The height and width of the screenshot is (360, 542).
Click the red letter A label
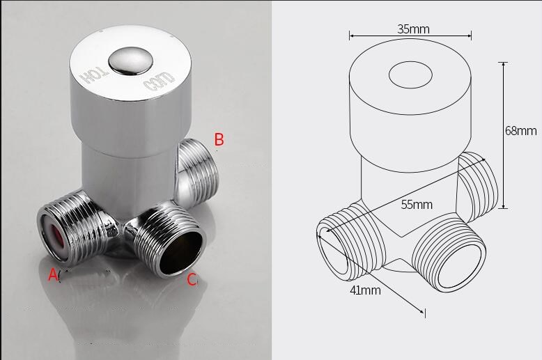click(x=53, y=275)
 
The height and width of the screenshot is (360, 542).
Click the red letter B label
click(x=219, y=140)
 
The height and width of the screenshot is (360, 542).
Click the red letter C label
click(x=192, y=280)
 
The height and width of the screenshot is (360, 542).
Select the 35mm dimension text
click(x=413, y=29)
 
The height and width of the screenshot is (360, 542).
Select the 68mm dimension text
click(x=521, y=130)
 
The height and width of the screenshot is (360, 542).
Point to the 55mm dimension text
click(x=417, y=205)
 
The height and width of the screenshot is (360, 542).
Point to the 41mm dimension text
click(x=365, y=290)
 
